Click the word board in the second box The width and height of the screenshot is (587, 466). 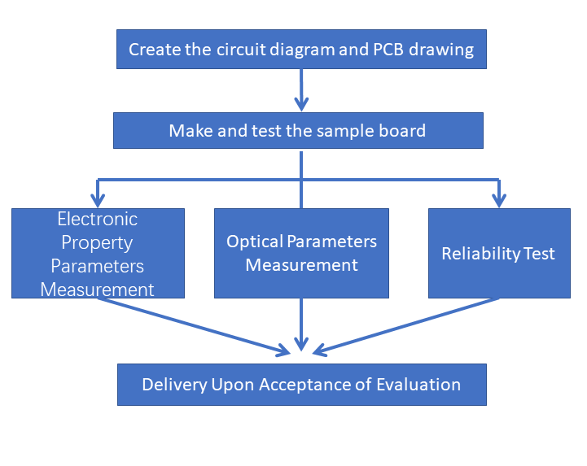405,130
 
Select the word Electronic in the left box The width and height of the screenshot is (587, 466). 98,219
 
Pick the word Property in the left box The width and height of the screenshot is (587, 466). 98,242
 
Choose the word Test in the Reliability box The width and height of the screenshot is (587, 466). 540,254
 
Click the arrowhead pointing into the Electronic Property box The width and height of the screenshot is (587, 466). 98,199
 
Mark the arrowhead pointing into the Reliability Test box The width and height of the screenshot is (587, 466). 499,199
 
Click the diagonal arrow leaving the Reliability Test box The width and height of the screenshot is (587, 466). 407,326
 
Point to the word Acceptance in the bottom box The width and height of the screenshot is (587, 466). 300,385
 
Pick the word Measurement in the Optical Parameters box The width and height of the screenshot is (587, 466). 301,265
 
